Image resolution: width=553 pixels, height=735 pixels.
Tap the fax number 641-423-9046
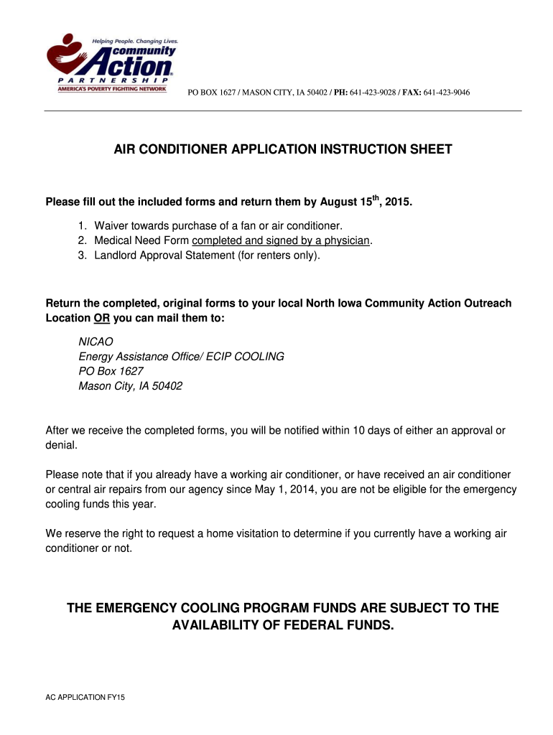(x=447, y=93)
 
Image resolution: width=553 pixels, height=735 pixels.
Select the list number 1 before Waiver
(x=82, y=226)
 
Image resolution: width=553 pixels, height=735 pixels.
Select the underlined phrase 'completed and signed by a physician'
(x=281, y=240)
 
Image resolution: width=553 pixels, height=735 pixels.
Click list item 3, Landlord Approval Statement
(x=207, y=255)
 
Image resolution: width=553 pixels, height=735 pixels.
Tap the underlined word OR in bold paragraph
(x=101, y=318)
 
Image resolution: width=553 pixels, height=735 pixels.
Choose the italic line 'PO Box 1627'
(x=111, y=371)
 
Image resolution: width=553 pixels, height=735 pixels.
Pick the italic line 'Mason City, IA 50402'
(x=130, y=386)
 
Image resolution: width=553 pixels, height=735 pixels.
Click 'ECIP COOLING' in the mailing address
(x=246, y=357)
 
